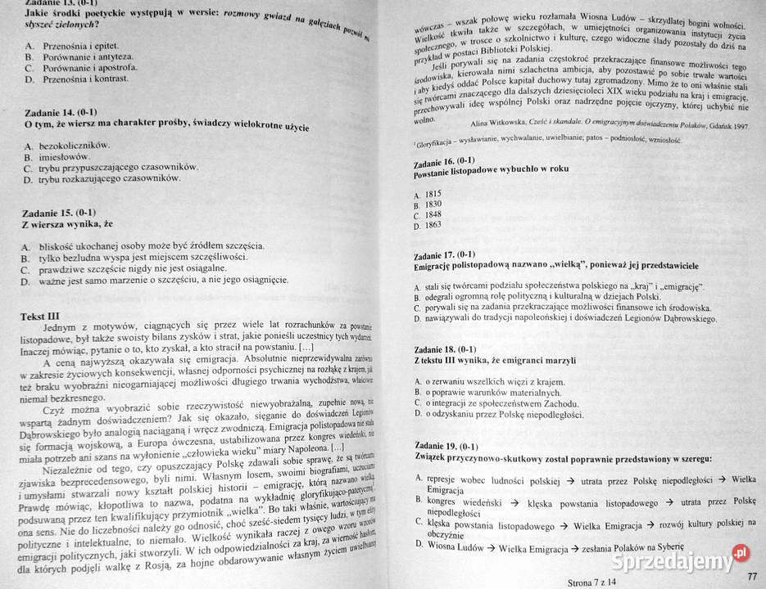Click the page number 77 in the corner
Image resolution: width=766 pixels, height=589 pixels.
click(751, 578)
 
